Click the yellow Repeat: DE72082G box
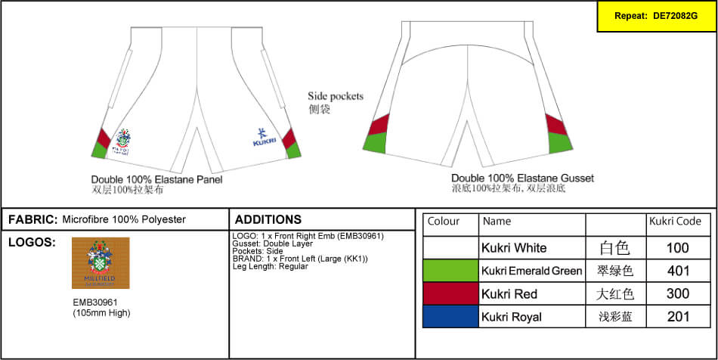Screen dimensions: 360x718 coord(656,16)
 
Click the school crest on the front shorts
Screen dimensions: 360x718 coord(123,141)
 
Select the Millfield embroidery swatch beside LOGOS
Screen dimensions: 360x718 coord(101,263)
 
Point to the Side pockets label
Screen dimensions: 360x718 coord(336,97)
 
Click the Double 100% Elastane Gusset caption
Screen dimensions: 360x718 coord(522,178)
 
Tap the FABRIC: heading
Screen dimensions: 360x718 coord(32,220)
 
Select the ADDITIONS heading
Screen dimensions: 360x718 coord(268,220)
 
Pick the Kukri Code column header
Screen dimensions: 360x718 coord(675,222)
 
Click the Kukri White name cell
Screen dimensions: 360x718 coord(514,248)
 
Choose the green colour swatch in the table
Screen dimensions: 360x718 coord(450,271)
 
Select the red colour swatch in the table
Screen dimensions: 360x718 coord(450,293)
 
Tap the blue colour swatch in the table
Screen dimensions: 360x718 coord(450,317)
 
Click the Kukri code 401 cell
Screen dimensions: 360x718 coord(678,271)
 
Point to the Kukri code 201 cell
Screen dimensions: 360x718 coord(678,317)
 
